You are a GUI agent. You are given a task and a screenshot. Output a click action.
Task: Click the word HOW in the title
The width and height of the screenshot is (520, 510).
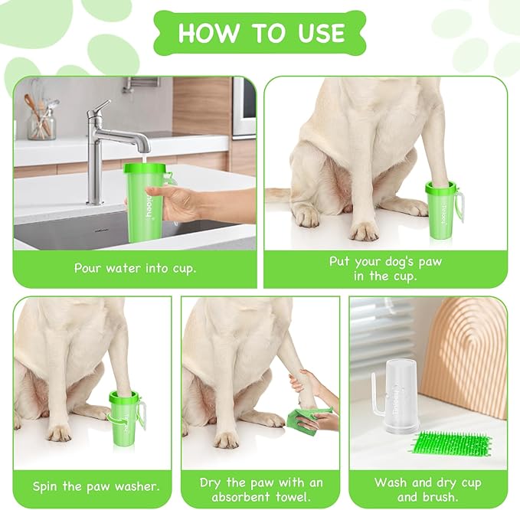pyautogui.click(x=208, y=32)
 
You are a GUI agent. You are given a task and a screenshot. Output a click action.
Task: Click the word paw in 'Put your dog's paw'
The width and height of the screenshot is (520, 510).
pyautogui.click(x=430, y=262)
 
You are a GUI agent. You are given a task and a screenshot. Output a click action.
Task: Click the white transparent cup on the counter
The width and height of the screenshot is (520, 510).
pyautogui.click(x=399, y=396)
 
